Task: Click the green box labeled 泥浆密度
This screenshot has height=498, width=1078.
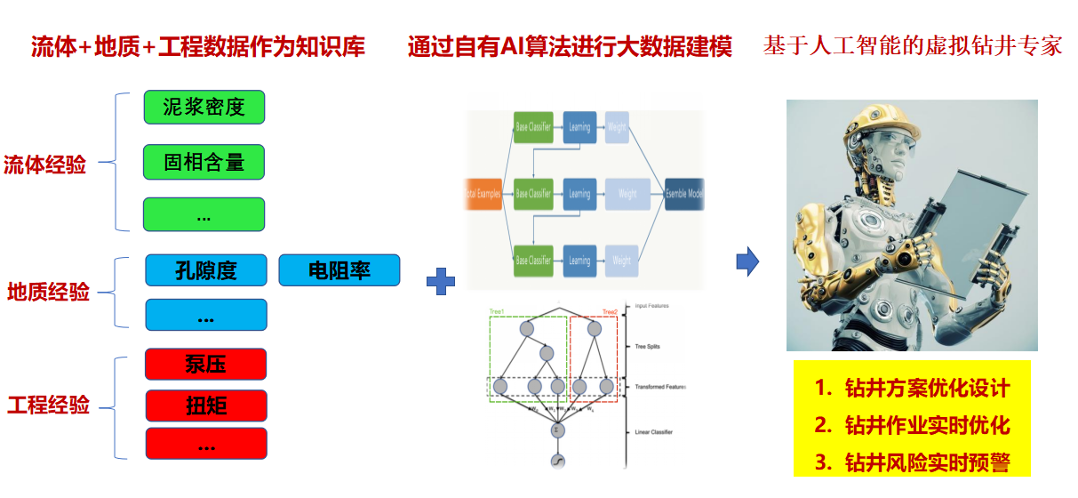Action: pyautogui.click(x=204, y=108)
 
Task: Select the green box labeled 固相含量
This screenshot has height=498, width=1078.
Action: pyautogui.click(x=204, y=162)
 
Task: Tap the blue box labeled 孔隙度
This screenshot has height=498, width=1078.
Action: pyautogui.click(x=205, y=270)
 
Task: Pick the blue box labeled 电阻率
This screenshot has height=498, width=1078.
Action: pyautogui.click(x=339, y=270)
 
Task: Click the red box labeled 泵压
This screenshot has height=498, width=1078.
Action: pyautogui.click(x=205, y=363)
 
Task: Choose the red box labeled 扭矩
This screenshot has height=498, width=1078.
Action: pyautogui.click(x=205, y=406)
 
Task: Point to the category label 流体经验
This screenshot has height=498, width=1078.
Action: pyautogui.click(x=45, y=165)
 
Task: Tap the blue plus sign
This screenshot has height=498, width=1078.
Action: pyautogui.click(x=441, y=282)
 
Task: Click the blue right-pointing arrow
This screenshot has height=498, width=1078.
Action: pyautogui.click(x=747, y=262)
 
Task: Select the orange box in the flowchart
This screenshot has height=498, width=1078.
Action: pyautogui.click(x=483, y=193)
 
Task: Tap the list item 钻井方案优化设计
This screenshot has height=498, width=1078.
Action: pyautogui.click(x=912, y=389)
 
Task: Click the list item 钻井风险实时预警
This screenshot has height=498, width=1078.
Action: pyautogui.click(x=912, y=462)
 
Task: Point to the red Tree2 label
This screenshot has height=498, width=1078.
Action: pyautogui.click(x=609, y=312)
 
